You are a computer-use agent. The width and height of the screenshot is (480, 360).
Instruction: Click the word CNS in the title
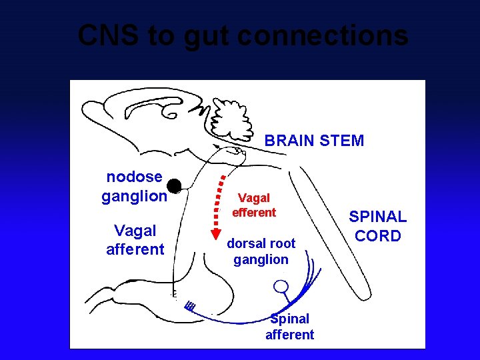click(x=107, y=35)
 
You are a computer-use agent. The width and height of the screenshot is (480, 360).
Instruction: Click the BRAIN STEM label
click(x=314, y=141)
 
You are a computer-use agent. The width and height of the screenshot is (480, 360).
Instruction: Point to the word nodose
click(x=134, y=177)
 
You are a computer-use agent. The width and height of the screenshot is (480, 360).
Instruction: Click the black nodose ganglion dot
click(x=174, y=185)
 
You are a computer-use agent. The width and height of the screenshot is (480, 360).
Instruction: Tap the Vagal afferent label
click(x=135, y=240)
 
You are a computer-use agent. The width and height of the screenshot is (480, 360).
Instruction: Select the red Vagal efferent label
click(x=253, y=205)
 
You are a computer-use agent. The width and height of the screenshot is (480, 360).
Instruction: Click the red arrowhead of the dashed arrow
click(x=215, y=233)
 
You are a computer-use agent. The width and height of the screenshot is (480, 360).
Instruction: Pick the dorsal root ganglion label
click(x=261, y=251)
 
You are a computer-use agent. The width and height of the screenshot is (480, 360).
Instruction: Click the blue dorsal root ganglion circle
click(x=281, y=287)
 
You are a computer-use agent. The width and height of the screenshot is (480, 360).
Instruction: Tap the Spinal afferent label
click(x=289, y=327)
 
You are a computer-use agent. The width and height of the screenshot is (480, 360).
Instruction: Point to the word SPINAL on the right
click(x=377, y=217)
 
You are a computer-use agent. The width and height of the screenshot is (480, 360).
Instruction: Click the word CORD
click(x=377, y=236)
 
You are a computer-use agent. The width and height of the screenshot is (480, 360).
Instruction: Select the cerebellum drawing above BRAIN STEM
click(x=231, y=121)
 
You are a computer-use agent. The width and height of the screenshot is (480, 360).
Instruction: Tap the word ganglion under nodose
click(x=134, y=196)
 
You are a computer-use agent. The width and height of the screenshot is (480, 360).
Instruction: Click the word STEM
click(x=343, y=141)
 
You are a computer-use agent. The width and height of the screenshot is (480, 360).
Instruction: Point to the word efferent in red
click(x=253, y=213)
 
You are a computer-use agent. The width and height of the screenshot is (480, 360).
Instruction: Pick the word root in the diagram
click(x=281, y=244)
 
